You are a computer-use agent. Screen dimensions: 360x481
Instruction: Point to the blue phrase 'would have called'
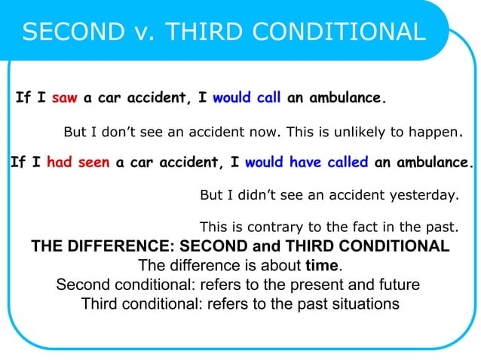pyautogui.click(x=306, y=162)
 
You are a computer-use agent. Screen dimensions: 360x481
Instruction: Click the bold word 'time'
pyautogui.click(x=322, y=266)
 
